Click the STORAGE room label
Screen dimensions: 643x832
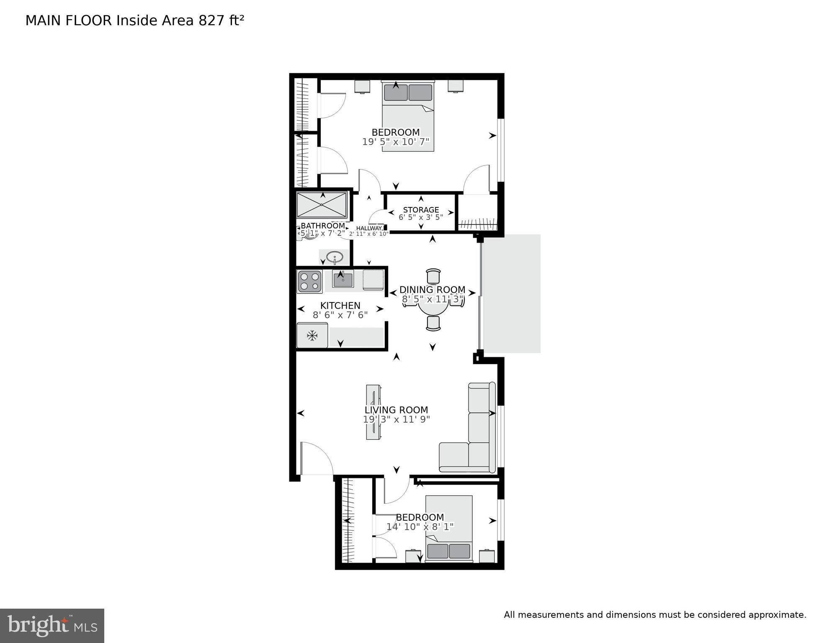[421, 210]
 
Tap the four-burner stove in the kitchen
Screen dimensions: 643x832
[309, 281]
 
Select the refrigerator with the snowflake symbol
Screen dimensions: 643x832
[312, 335]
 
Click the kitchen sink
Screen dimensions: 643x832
[343, 279]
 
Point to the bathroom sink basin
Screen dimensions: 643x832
[334, 256]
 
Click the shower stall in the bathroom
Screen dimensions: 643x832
[322, 204]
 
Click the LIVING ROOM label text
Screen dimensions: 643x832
[396, 410]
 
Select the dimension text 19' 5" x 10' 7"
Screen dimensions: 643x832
[396, 142]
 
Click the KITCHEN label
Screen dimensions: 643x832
[340, 306]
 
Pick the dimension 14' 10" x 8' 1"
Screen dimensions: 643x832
[420, 527]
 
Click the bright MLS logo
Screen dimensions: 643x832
[52, 625]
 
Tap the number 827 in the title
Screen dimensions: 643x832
[211, 21]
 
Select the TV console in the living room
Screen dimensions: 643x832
[373, 412]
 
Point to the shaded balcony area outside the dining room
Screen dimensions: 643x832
[512, 293]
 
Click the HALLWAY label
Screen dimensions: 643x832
[369, 228]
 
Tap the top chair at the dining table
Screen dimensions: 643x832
[433, 276]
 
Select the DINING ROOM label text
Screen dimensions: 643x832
[432, 290]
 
